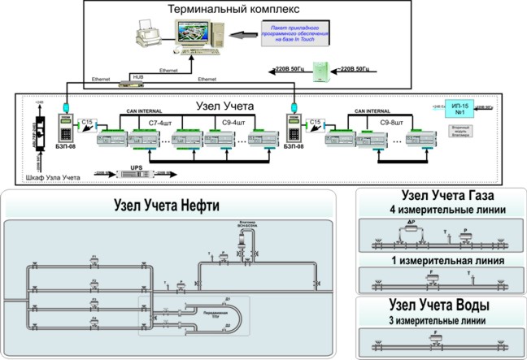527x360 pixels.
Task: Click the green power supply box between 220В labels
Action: [x=323, y=70]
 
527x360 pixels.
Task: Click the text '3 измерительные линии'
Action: [x=438, y=321]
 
